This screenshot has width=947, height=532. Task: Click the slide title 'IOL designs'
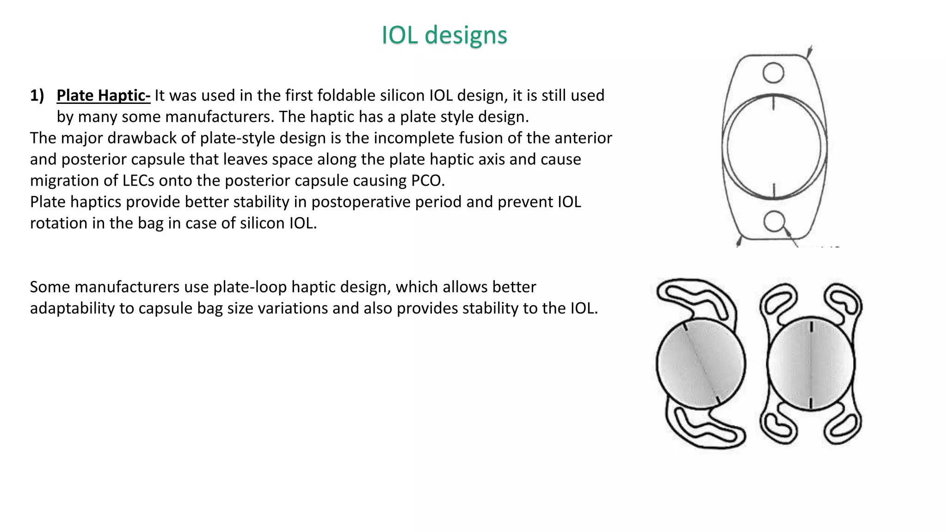tap(444, 35)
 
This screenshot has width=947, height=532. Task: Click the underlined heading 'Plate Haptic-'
tap(103, 96)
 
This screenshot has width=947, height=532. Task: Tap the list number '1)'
tap(37, 96)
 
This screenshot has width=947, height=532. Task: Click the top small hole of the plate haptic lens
tap(773, 73)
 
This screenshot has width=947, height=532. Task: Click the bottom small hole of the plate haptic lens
tap(774, 221)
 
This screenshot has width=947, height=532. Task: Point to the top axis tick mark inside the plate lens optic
tap(774, 103)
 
